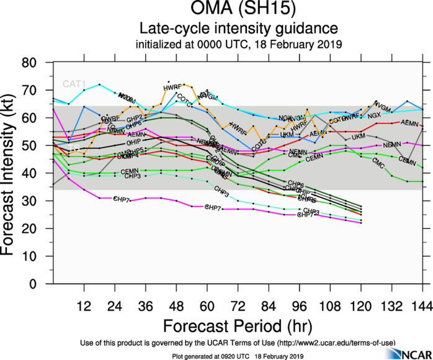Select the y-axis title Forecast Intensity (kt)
pyautogui.click(x=12, y=173)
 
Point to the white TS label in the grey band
pyautogui.click(x=73, y=148)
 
